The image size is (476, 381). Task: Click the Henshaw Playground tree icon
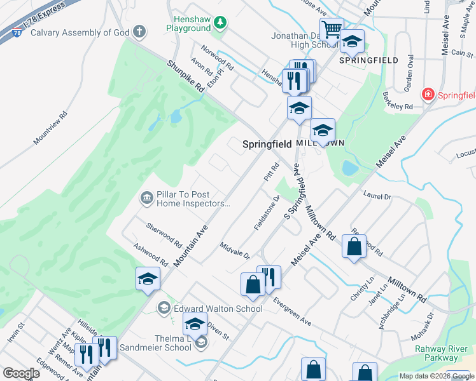(x=220, y=23)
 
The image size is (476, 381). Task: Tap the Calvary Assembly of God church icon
(x=139, y=31)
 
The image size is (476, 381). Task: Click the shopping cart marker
(x=332, y=29)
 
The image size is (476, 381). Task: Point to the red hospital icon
(x=428, y=95)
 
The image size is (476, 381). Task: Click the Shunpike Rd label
(x=186, y=76)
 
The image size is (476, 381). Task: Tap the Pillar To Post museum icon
(x=146, y=199)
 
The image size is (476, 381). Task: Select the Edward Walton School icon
(x=164, y=309)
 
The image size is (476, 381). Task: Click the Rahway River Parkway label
(x=440, y=353)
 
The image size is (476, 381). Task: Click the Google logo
(x=22, y=373)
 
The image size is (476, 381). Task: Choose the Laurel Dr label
(x=377, y=197)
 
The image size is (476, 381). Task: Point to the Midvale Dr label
(x=235, y=250)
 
